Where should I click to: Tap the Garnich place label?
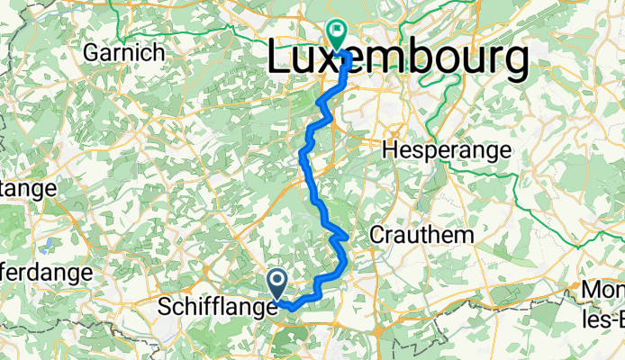[123, 53]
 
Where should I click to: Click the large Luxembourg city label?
[398, 60]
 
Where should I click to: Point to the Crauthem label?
[421, 234]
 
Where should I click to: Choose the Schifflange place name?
[216, 307]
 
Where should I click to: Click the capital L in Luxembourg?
[282, 60]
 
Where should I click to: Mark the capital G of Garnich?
[91, 53]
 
